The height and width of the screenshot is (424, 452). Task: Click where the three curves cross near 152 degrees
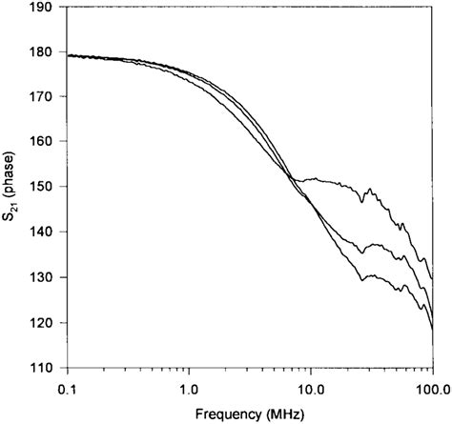point(290,177)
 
